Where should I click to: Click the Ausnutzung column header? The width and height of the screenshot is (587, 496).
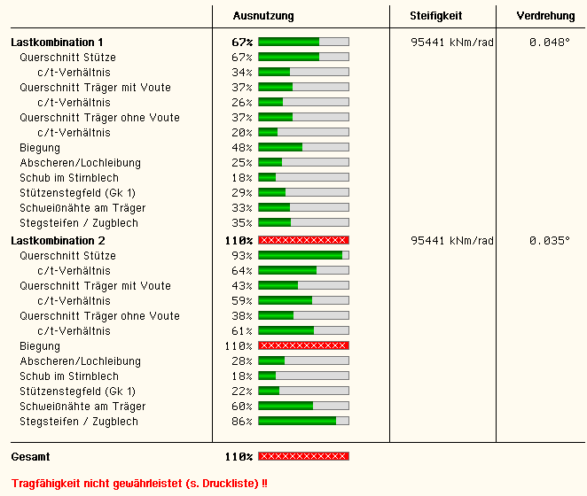[262, 16]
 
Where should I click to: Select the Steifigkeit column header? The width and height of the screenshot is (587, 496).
[435, 16]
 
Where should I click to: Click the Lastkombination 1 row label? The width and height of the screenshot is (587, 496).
[57, 42]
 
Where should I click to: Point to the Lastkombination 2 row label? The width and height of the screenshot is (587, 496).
[57, 240]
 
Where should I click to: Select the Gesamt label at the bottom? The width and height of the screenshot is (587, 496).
[30, 456]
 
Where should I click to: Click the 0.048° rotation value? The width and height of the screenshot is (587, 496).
[549, 42]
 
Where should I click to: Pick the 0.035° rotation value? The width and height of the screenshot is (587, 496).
[549, 240]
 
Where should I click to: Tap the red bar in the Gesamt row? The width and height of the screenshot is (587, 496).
[303, 456]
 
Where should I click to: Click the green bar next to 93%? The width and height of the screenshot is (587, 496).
[303, 255]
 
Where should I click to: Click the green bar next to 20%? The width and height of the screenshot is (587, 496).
[303, 132]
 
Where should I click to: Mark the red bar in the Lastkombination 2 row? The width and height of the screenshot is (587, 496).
[303, 240]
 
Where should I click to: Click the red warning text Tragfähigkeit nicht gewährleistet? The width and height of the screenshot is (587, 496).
[138, 483]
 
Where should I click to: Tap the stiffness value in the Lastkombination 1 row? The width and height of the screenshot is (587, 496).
[452, 42]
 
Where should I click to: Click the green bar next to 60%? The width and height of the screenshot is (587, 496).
[303, 406]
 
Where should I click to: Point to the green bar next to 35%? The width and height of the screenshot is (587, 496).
[303, 222]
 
